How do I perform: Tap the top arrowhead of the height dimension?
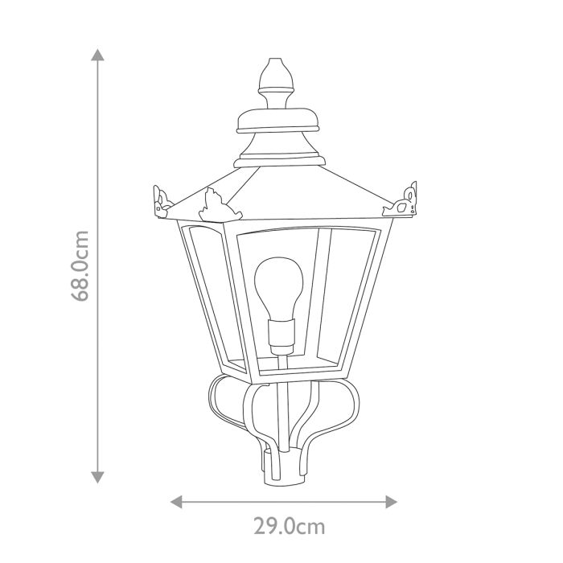[97, 55]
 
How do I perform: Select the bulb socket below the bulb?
[281, 335]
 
